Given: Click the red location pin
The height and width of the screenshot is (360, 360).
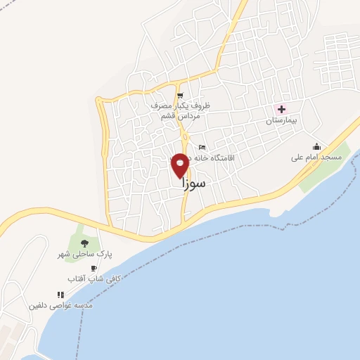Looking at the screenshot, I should [x=181, y=164].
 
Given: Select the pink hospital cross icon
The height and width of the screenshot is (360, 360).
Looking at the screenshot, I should [x=282, y=110].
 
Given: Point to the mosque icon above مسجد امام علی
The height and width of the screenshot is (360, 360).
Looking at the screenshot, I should [x=316, y=146].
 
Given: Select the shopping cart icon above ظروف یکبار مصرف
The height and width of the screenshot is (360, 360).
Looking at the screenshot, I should [x=181, y=96].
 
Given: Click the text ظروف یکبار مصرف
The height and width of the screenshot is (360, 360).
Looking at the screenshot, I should [x=181, y=106].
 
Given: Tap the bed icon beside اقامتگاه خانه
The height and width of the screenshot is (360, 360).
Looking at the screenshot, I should [x=202, y=148].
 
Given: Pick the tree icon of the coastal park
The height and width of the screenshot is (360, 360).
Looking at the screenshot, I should [x=84, y=243].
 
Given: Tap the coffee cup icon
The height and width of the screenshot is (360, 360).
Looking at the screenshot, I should [x=94, y=268].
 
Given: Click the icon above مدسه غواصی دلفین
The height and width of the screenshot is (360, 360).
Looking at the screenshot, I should [x=60, y=295].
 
